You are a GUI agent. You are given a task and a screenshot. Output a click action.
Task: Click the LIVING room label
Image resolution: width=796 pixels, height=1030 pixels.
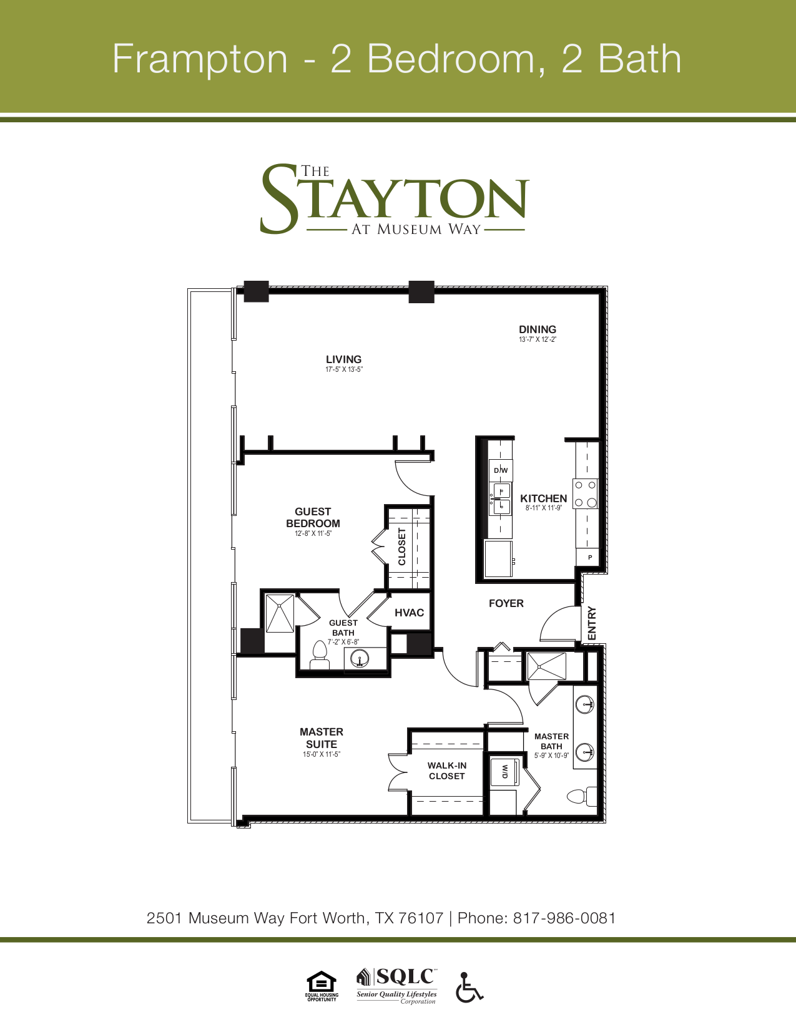(x=343, y=360)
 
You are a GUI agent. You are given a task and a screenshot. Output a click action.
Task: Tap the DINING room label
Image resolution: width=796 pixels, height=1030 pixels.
(x=538, y=330)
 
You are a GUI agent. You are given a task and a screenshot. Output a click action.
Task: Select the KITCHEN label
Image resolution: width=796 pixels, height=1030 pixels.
(x=543, y=498)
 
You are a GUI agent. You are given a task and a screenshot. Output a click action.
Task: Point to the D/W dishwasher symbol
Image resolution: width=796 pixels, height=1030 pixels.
(x=501, y=470)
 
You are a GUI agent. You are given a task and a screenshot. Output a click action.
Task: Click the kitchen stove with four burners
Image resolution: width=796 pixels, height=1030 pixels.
(x=586, y=493)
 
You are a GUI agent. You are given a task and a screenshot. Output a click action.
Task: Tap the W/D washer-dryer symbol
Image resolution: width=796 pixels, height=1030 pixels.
(x=504, y=771)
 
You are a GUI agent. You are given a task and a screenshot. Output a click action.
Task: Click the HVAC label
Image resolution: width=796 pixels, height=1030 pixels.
(x=409, y=613)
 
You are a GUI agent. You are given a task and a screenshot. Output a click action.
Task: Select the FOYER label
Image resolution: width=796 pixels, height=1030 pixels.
(x=506, y=603)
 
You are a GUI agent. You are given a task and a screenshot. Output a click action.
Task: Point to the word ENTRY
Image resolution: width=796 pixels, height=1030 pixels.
(x=592, y=623)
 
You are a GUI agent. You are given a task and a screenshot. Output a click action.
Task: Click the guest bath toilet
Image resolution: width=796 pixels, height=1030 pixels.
(x=320, y=656)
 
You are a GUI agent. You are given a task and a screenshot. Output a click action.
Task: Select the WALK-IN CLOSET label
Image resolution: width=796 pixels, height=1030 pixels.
(x=447, y=770)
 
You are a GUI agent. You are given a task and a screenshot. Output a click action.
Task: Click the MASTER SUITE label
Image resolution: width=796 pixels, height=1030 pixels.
(x=322, y=738)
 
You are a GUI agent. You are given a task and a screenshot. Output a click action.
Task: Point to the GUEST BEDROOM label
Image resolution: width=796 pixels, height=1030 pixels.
(x=313, y=517)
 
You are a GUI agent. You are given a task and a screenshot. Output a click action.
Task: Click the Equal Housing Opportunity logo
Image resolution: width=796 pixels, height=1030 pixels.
(x=322, y=986)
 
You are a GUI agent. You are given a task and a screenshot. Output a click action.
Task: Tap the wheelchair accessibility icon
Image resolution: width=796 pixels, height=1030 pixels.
(x=469, y=987)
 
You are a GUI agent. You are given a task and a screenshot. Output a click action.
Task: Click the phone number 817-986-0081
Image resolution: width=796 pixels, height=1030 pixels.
(x=564, y=918)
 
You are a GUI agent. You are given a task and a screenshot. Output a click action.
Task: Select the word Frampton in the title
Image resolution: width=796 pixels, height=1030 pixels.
(x=200, y=59)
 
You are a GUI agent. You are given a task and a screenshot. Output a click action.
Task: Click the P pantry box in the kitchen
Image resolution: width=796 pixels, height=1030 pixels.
(x=589, y=557)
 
